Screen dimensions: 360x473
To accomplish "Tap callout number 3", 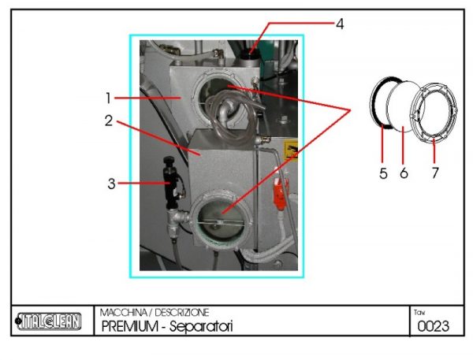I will click(x=111, y=184).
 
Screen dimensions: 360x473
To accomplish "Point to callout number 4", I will click(x=340, y=24).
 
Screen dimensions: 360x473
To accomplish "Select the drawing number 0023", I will click(x=433, y=326).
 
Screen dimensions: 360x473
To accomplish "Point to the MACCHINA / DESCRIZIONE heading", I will click(x=154, y=313).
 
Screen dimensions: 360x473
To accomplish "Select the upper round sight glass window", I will click(x=229, y=95).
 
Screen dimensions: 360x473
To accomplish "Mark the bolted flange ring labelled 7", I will click(x=436, y=113).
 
